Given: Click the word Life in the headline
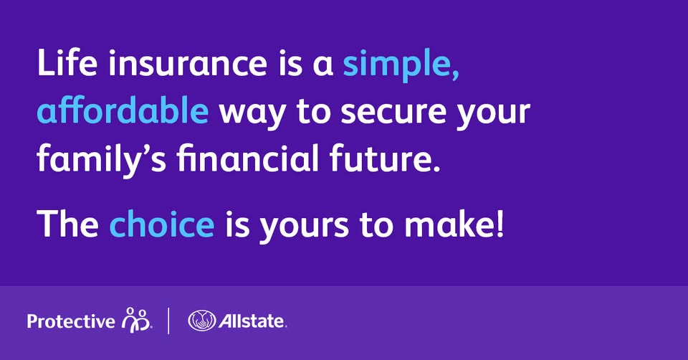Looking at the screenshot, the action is [x=67, y=63].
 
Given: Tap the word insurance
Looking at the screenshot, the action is [x=188, y=63].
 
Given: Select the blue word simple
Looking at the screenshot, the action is [x=401, y=66].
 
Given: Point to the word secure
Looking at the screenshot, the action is [x=393, y=113].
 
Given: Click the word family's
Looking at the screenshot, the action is [x=102, y=160].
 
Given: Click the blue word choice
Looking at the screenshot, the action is [x=162, y=224].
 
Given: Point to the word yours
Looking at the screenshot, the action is [x=302, y=228].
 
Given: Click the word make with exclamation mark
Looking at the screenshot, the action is [x=454, y=224].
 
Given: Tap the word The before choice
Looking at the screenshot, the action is [x=68, y=224].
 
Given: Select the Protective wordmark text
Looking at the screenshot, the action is [x=71, y=322].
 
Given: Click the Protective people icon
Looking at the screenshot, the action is [x=136, y=319].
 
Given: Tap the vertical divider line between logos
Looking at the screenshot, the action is [x=168, y=321].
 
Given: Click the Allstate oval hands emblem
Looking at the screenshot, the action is [x=202, y=321].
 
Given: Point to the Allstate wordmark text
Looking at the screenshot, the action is [x=252, y=321].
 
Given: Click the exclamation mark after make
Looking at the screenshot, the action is [x=501, y=224].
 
